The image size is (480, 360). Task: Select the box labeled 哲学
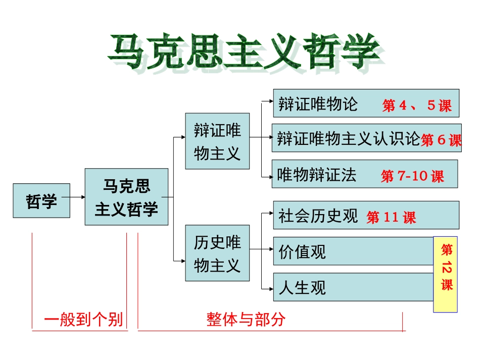click(x=41, y=201)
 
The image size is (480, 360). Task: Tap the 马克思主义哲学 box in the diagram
click(x=126, y=197)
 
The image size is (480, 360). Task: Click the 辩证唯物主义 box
click(x=217, y=141)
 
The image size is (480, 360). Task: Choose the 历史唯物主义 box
click(x=217, y=253)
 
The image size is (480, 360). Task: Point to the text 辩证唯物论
click(x=318, y=104)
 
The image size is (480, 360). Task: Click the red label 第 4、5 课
click(x=416, y=106)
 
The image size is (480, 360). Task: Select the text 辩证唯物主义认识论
click(x=348, y=138)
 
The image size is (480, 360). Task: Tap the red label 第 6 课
click(x=441, y=140)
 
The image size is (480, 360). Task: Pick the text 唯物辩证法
click(x=317, y=175)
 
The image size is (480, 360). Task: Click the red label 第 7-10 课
click(x=412, y=176)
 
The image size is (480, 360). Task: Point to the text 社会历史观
click(x=318, y=216)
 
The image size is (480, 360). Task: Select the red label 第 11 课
click(x=391, y=218)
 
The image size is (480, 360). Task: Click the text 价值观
click(x=302, y=251)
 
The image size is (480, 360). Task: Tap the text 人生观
click(x=302, y=288)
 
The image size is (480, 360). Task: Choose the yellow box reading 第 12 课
click(x=446, y=274)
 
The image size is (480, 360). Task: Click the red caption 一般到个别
click(x=83, y=320)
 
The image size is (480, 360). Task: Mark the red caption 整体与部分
click(x=246, y=319)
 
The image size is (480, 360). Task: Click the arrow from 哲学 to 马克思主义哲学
click(x=77, y=196)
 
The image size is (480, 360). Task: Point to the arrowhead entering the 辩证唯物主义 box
click(x=182, y=137)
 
